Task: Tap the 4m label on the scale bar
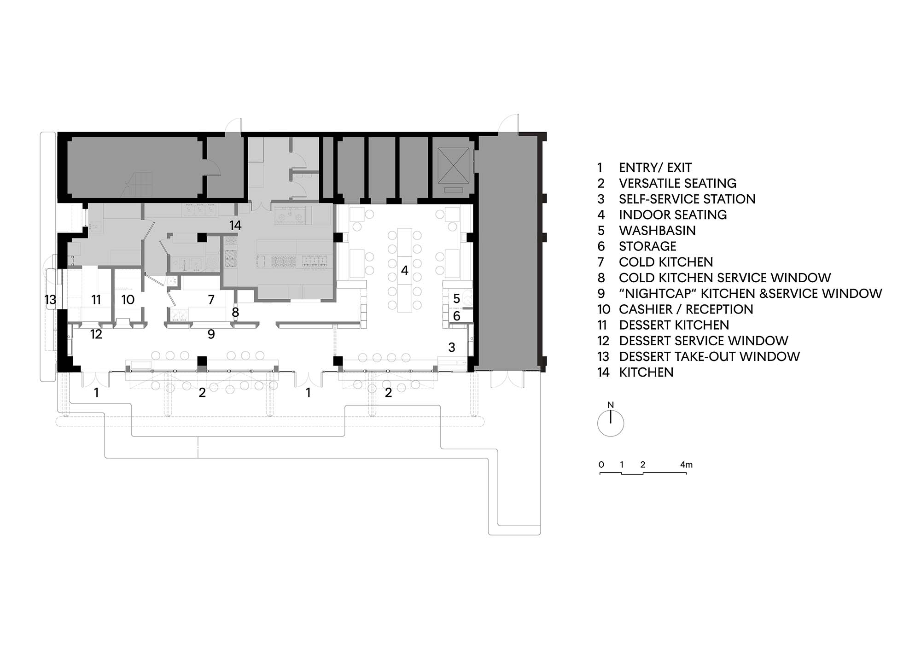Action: [x=686, y=465]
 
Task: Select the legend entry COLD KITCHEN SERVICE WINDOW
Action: [x=725, y=278]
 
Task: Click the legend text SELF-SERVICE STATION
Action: [x=687, y=199]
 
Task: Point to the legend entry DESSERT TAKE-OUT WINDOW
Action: [x=709, y=356]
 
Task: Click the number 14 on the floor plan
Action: [x=235, y=225]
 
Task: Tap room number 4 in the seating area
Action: [x=404, y=270]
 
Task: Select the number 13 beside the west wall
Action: [x=50, y=300]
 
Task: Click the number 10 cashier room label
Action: [x=128, y=300]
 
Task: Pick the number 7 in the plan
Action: [x=211, y=300]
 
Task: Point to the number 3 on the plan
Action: [x=452, y=347]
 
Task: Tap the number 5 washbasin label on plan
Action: [x=456, y=299]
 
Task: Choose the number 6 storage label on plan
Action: [x=456, y=316]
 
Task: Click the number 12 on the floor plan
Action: [x=96, y=334]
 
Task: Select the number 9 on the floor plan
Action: [x=211, y=334]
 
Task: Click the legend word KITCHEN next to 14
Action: [x=646, y=372]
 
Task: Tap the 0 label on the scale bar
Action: [x=601, y=465]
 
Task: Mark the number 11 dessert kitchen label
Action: [x=96, y=300]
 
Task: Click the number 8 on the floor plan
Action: [x=235, y=313]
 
